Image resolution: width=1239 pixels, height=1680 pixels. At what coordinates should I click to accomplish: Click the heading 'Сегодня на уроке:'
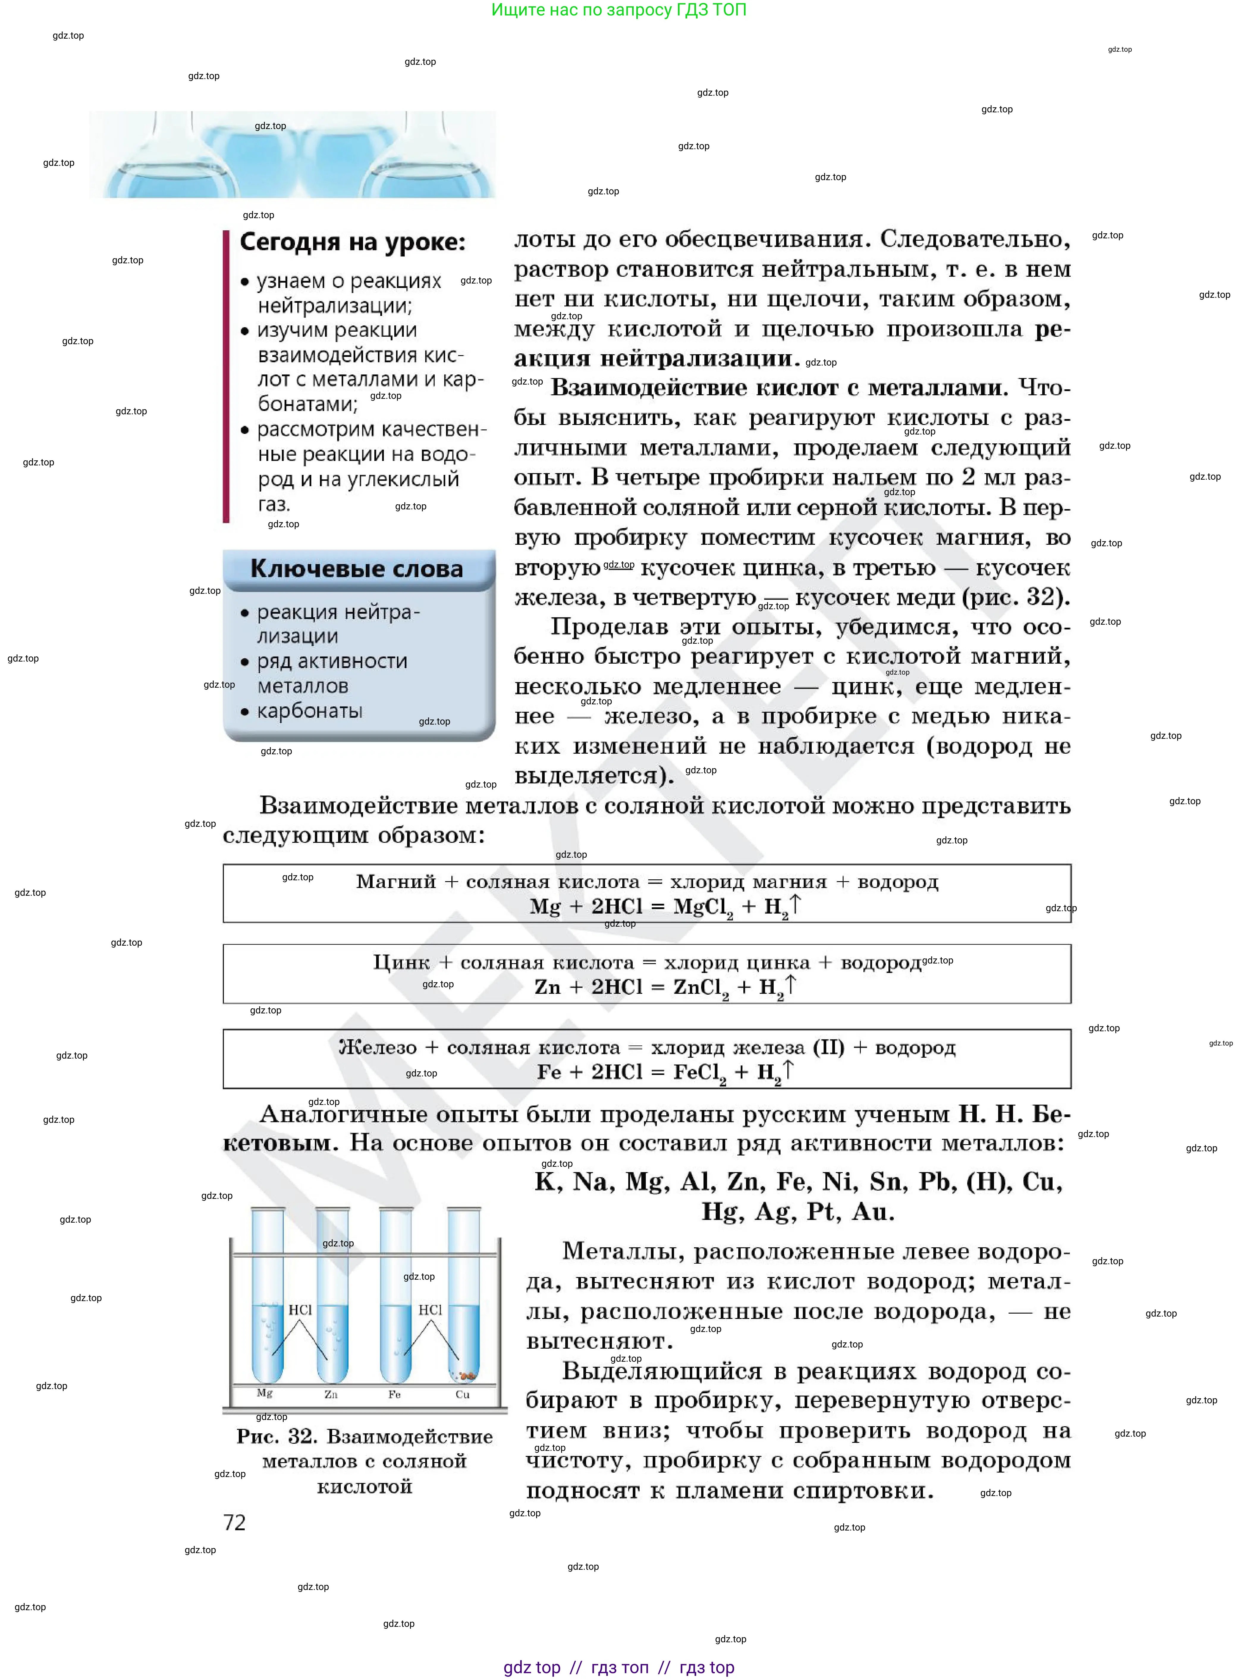(352, 242)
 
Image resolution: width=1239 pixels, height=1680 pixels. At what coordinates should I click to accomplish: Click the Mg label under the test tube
(265, 1393)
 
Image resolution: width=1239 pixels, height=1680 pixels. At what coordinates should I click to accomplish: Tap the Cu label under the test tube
(463, 1394)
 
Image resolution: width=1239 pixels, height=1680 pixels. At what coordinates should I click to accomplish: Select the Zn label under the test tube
(331, 1394)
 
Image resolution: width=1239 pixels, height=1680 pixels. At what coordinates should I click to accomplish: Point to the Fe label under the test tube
(395, 1394)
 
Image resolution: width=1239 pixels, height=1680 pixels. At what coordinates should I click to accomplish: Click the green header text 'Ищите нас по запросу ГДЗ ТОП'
(619, 10)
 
